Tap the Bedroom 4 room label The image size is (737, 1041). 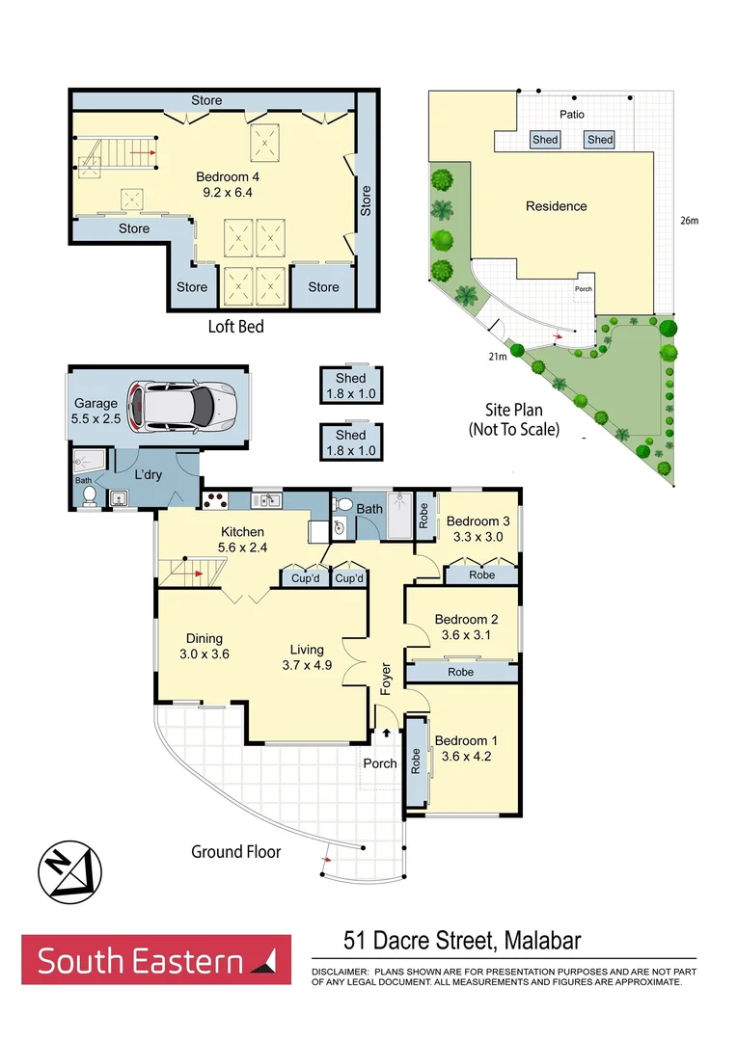228,176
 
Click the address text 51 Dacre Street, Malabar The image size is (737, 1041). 463,941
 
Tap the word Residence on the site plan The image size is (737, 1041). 556,206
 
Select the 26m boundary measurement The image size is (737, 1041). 689,221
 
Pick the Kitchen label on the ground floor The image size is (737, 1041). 242,531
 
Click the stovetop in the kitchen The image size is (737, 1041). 213,500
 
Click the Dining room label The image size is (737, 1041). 205,638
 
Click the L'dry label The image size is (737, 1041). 149,475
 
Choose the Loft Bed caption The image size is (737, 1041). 235,327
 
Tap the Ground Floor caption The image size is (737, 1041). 235,851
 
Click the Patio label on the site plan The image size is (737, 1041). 572,114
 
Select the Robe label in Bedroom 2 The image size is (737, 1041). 461,672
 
